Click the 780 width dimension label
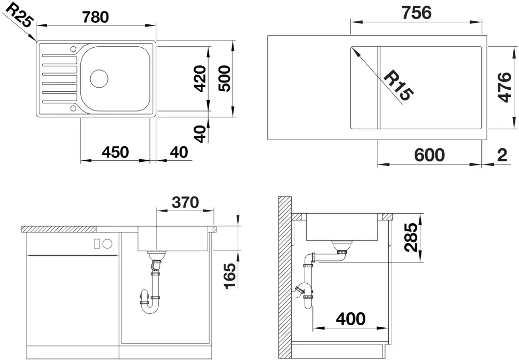click(x=95, y=17)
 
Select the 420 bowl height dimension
click(x=200, y=79)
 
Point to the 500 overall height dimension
click(x=224, y=79)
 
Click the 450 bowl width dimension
click(x=115, y=152)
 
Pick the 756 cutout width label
click(x=417, y=13)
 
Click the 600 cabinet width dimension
click(x=429, y=155)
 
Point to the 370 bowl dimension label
click(x=185, y=202)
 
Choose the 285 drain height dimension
click(x=412, y=237)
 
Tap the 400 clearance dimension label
click(x=351, y=319)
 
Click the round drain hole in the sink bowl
click(x=99, y=79)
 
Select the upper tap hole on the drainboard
click(x=73, y=49)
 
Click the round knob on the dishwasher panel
click(x=107, y=244)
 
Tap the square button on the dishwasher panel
click(x=98, y=244)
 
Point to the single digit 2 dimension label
click(x=502, y=155)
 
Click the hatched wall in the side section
click(x=284, y=278)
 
